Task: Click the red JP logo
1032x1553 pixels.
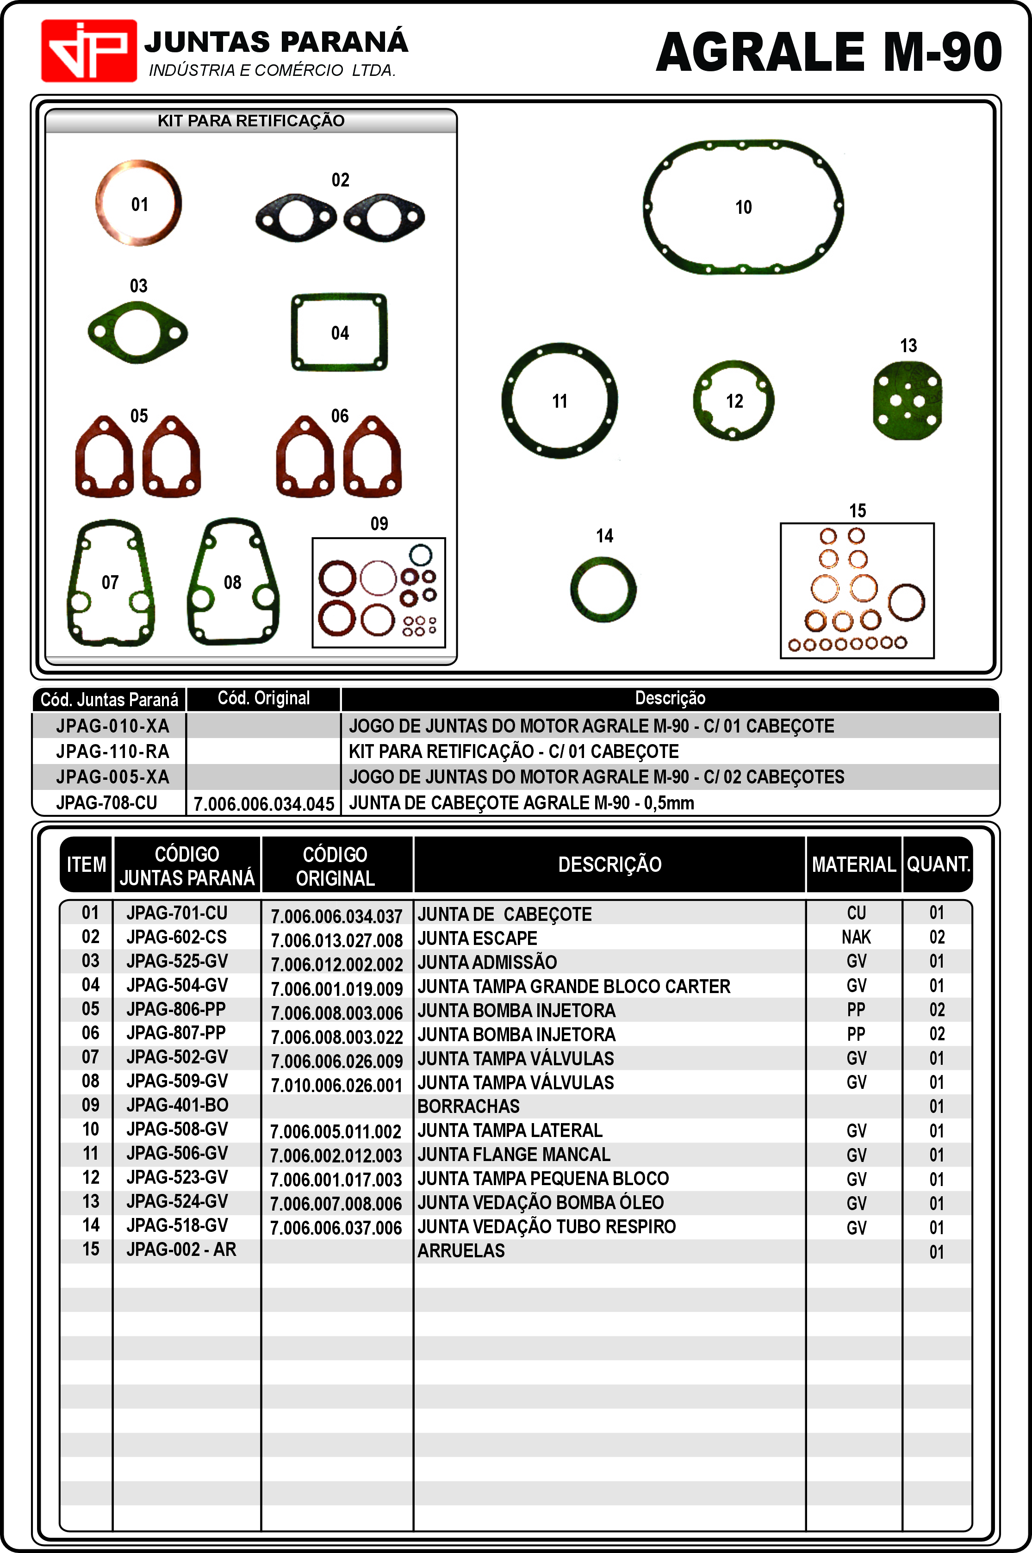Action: (89, 50)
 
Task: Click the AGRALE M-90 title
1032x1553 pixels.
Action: (828, 53)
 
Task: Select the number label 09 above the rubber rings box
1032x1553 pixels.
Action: (379, 524)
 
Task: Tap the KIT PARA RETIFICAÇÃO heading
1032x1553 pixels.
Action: (251, 121)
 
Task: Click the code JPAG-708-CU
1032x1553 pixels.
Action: (106, 803)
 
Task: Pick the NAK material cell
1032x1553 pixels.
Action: (856, 937)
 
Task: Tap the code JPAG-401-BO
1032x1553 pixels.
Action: (177, 1106)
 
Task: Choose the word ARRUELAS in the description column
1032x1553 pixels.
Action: (461, 1251)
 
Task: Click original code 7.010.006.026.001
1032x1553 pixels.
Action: (336, 1085)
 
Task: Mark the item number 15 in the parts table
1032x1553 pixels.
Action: (91, 1249)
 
